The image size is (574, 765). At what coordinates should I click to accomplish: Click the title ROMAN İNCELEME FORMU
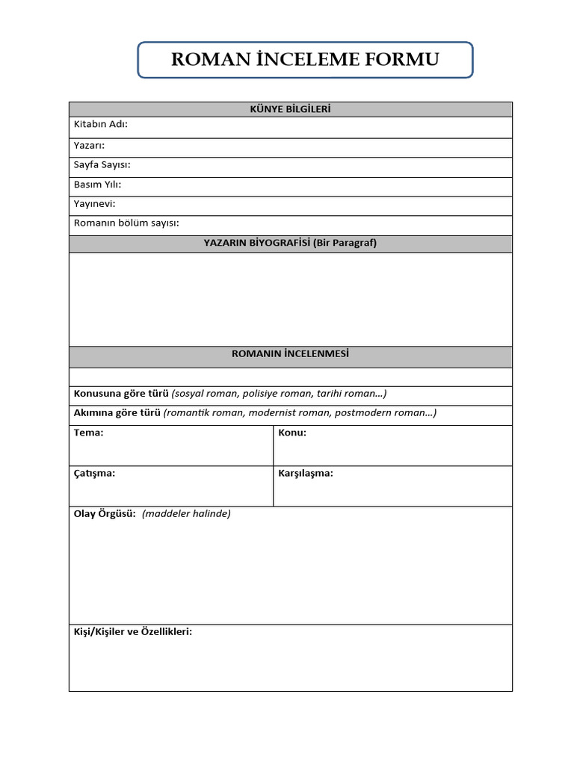tap(305, 60)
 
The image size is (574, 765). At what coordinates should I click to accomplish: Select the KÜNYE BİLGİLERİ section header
tap(290, 110)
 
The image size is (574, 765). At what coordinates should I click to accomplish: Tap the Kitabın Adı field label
tap(100, 124)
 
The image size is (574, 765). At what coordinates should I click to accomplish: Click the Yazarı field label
tap(89, 145)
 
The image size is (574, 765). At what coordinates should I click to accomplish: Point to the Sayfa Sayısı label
tap(102, 164)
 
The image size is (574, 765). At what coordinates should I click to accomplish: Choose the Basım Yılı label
tap(97, 184)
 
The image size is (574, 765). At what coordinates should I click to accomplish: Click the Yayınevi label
tap(94, 203)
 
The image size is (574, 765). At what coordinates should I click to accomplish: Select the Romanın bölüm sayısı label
tap(126, 223)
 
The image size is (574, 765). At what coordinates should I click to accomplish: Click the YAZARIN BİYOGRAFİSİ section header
tap(290, 243)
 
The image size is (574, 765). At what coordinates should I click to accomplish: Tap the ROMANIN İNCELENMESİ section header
tap(290, 354)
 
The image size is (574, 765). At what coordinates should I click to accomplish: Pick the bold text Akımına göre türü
tap(117, 413)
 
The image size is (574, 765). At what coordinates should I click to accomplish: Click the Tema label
tap(88, 433)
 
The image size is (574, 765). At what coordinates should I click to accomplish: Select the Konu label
tap(292, 433)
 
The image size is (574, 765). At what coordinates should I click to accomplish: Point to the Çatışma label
tap(94, 473)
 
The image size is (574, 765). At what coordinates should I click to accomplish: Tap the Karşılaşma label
tap(306, 473)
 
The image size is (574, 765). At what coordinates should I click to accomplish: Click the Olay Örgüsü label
tap(104, 513)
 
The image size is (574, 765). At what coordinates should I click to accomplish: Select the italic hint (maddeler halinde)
tap(186, 513)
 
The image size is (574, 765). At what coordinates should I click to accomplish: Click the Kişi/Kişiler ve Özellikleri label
tap(132, 631)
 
